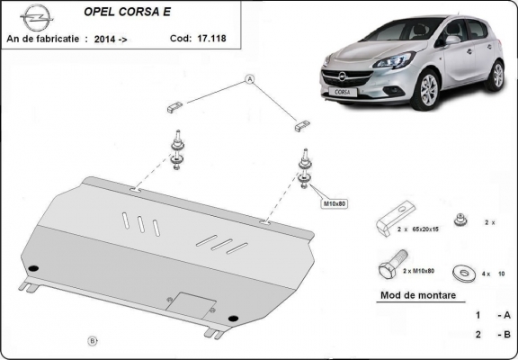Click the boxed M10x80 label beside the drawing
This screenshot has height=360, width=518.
click(x=335, y=204)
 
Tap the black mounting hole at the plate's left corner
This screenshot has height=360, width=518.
click(x=33, y=267)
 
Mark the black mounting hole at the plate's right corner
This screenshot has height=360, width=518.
click(x=234, y=316)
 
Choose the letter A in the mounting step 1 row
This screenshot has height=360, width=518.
click(x=507, y=315)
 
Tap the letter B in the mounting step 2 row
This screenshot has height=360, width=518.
click(x=507, y=335)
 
